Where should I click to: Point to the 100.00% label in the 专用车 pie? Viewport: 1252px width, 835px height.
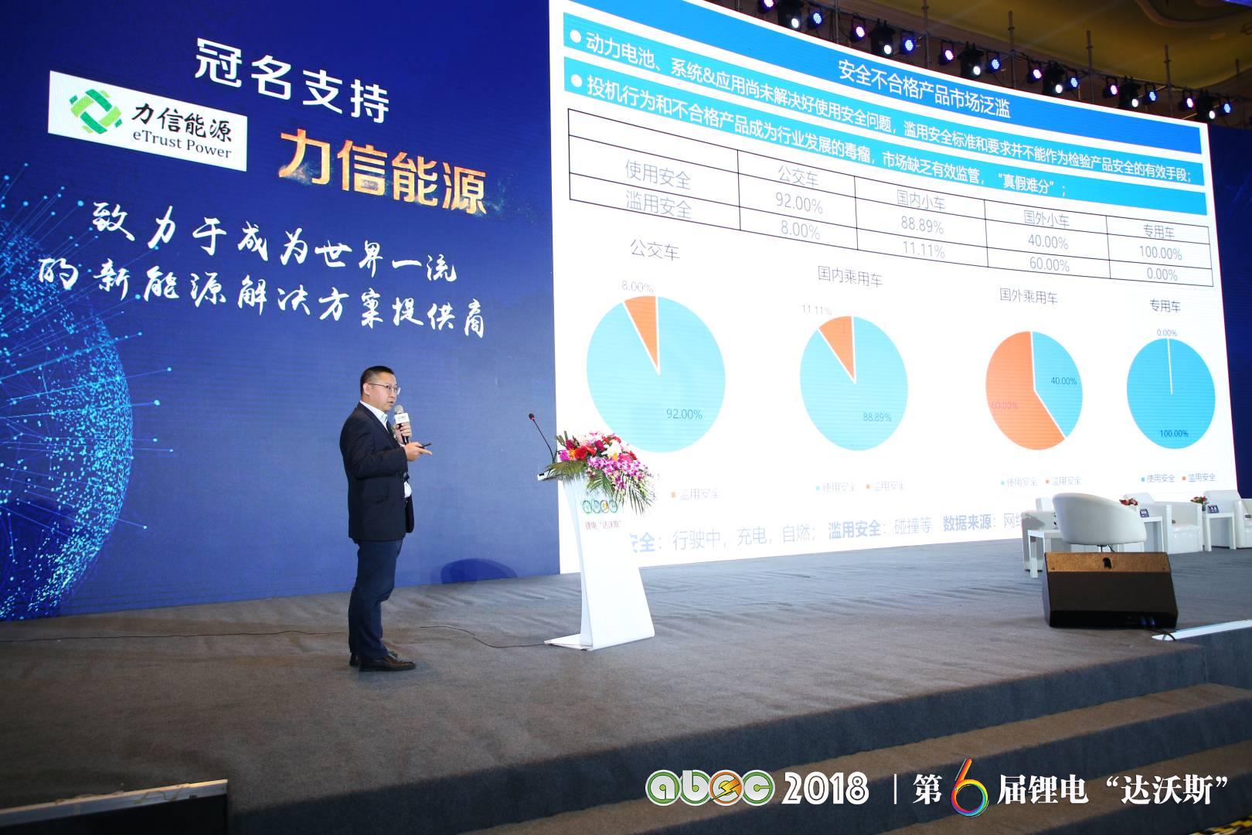point(1173,433)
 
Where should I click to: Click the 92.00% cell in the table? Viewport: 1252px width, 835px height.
point(798,204)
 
